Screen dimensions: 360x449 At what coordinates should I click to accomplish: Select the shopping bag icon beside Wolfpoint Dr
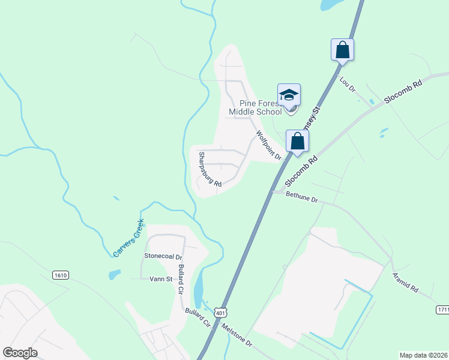point(297,142)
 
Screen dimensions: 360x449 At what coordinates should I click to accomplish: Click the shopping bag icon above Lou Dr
point(342,50)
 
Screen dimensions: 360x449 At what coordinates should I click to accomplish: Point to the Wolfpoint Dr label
point(268,145)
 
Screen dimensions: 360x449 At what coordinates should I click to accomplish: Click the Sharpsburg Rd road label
point(210,170)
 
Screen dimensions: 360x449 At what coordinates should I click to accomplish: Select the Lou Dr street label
point(348,84)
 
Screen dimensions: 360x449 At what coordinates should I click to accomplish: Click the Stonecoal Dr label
point(158,256)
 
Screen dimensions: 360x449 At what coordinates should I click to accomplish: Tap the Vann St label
point(160,279)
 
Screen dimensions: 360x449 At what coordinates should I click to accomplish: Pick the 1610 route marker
point(60,275)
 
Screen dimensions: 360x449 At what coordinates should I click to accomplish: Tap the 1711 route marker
point(442,308)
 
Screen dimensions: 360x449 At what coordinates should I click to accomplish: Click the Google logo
point(20,353)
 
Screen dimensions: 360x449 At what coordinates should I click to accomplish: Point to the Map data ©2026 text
point(423,355)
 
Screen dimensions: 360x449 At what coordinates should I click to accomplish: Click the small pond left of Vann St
point(114,275)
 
